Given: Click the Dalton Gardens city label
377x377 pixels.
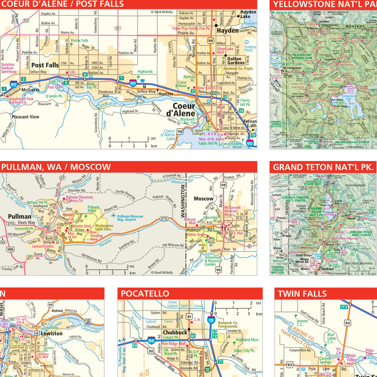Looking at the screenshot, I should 234,61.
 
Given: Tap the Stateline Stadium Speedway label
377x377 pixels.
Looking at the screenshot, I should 8,68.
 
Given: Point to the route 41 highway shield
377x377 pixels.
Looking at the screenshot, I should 117,28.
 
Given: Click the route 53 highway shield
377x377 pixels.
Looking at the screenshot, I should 25,21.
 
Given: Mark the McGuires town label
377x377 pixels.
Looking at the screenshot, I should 31,89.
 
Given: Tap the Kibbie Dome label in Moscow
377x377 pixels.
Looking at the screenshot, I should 196,235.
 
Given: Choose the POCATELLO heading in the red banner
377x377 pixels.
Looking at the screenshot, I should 145,293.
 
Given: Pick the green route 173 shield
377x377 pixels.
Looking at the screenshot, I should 344,307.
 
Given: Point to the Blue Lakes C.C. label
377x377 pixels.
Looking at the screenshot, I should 331,338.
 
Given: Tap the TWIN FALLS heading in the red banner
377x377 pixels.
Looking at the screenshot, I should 302,293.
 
